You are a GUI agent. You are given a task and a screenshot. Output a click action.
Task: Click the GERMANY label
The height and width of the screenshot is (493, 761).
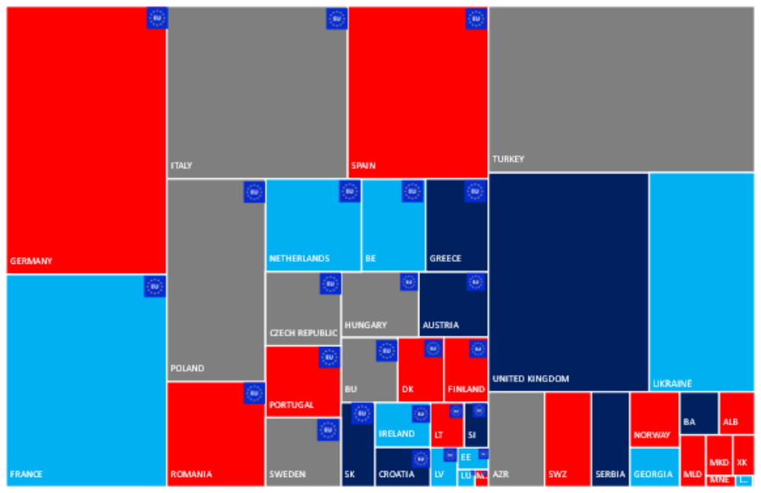[x=31, y=261]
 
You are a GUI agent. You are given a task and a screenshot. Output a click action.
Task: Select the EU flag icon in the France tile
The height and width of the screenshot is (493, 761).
[x=155, y=286]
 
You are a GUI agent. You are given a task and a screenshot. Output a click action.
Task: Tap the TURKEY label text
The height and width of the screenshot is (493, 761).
[x=508, y=159]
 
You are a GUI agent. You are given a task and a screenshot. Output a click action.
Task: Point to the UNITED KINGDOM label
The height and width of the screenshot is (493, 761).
[x=530, y=378]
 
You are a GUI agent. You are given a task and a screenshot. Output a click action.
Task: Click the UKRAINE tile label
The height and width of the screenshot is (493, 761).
[x=673, y=383]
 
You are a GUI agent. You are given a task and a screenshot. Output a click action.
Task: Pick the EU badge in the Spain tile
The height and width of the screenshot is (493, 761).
[x=476, y=18]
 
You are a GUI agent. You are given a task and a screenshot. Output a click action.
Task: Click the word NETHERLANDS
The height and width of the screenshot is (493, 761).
[x=299, y=258]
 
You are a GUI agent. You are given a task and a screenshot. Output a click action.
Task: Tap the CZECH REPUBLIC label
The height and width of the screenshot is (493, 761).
[x=303, y=332]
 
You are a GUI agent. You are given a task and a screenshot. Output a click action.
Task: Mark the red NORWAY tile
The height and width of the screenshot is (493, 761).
[x=654, y=418]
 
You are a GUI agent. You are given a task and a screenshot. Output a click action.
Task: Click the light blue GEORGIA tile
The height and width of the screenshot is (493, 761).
[x=654, y=466]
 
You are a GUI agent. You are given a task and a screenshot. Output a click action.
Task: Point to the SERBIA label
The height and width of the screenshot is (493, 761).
[x=610, y=474]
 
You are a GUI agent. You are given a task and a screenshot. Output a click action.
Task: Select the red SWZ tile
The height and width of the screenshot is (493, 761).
[x=567, y=439]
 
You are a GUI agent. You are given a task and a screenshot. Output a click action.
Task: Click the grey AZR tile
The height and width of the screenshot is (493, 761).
[x=516, y=439]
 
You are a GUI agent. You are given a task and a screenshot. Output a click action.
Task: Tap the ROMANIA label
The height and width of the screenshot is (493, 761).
[x=191, y=474]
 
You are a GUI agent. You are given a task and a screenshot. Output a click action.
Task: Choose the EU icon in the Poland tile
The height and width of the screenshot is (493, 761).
[x=254, y=192]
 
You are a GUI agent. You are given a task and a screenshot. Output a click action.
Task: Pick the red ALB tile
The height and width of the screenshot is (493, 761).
[x=736, y=412]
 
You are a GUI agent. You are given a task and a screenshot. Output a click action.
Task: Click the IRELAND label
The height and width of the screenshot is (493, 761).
[x=396, y=434]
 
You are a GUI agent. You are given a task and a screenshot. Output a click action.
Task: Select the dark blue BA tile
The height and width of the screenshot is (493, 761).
[x=699, y=412]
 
